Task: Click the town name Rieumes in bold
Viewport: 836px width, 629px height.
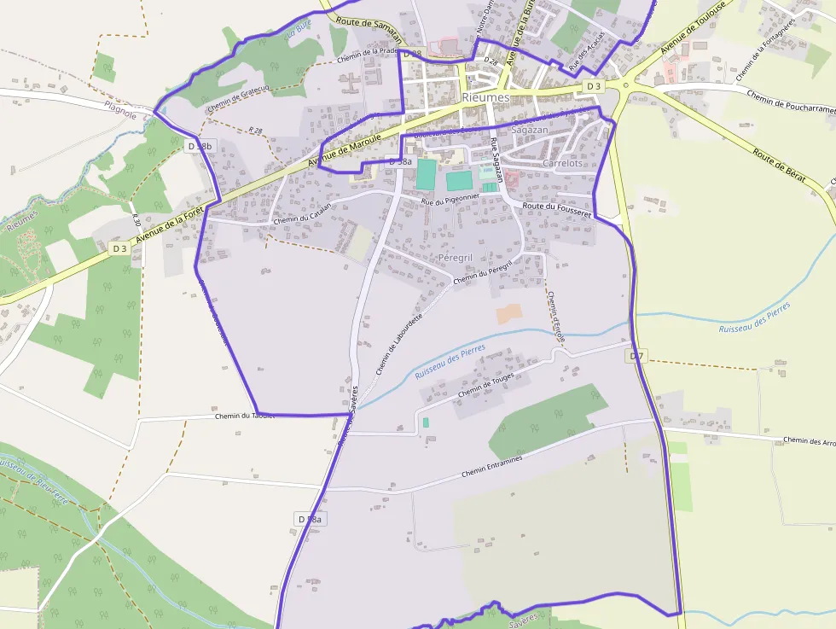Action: click(x=485, y=97)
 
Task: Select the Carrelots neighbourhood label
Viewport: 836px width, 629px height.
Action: click(x=562, y=163)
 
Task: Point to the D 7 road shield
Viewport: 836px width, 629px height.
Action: click(x=635, y=355)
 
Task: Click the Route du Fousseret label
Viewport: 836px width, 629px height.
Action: click(x=557, y=210)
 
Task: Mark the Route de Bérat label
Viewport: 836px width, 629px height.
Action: click(x=780, y=166)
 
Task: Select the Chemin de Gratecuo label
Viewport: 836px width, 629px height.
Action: click(x=238, y=98)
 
